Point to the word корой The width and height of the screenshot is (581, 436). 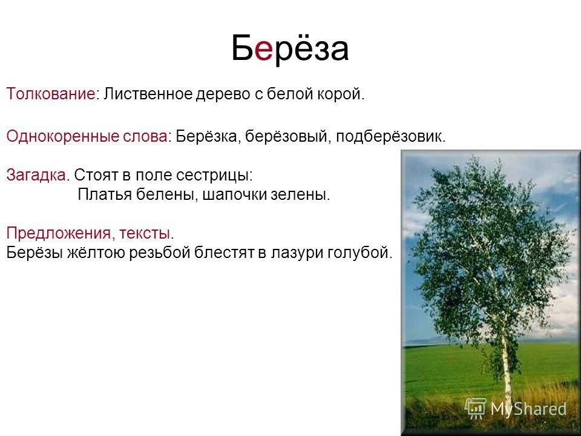point(343,95)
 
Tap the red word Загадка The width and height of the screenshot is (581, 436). point(36,176)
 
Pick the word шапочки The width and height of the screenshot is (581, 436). point(245,196)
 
